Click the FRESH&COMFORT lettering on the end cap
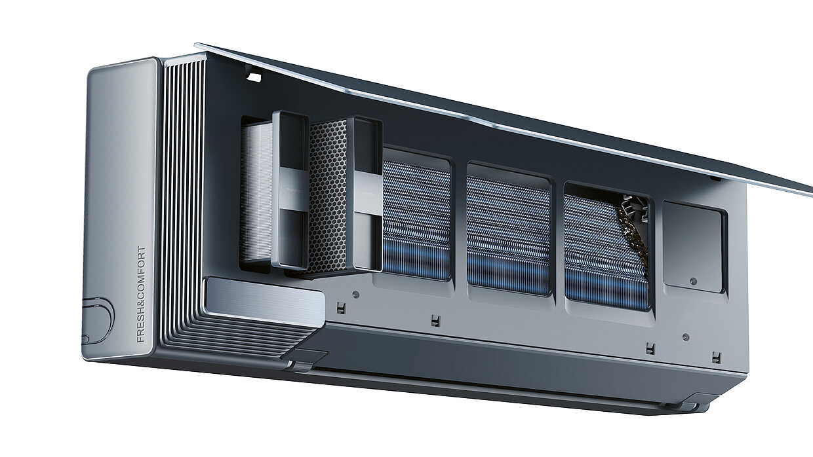click(141, 295)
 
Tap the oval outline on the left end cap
click(98, 321)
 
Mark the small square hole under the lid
click(255, 77)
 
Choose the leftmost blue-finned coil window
click(416, 219)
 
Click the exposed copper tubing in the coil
click(631, 246)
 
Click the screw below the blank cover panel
click(686, 337)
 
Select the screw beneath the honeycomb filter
click(355, 294)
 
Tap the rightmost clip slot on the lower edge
click(717, 357)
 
